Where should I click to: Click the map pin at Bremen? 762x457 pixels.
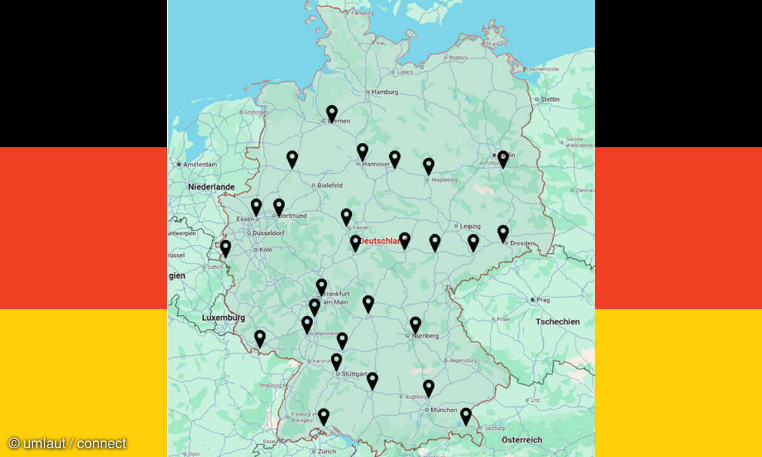point(331,114)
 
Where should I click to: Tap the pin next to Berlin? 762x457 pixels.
point(503,159)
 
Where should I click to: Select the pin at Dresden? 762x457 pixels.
point(503,234)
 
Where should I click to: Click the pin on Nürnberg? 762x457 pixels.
point(415,325)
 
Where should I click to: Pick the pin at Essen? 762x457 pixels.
point(256,207)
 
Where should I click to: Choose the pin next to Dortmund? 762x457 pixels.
point(279,207)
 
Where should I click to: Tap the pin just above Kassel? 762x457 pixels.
point(346,217)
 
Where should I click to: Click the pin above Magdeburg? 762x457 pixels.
point(429,166)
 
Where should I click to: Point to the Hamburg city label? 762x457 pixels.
point(385,92)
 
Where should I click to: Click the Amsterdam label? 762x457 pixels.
point(201,164)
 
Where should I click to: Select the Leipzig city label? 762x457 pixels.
point(471,226)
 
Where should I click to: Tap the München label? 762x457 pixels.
point(444,410)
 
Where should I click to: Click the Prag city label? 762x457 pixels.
point(543,300)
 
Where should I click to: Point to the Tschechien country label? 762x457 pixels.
point(558,322)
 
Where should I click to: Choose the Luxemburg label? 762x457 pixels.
point(223,317)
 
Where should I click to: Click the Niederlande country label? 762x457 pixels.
point(211,187)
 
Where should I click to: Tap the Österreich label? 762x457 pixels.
point(522,440)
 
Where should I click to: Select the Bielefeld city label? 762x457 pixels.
point(330,185)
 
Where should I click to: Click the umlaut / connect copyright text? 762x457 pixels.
point(67,443)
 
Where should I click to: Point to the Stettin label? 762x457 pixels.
point(551,99)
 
